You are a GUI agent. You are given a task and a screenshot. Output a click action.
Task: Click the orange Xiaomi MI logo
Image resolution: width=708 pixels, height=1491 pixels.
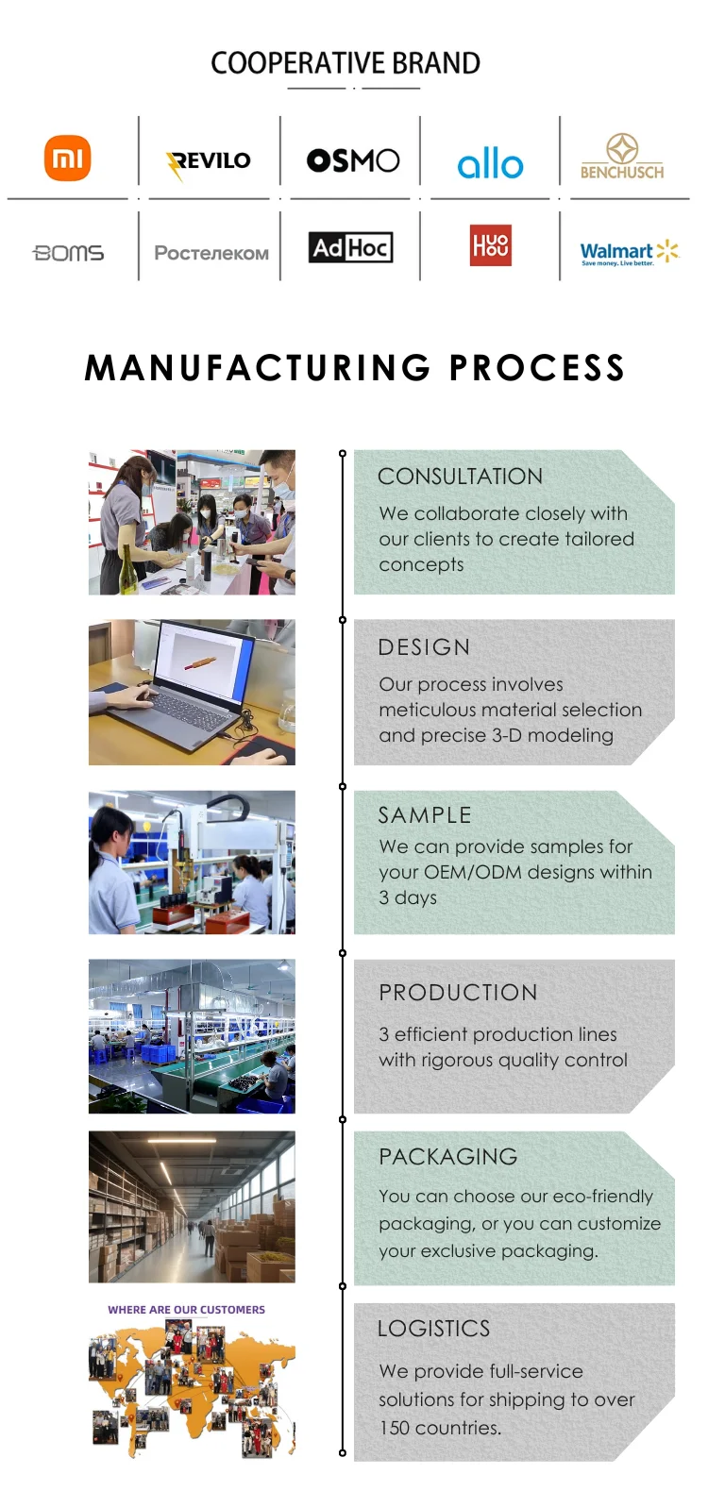[67, 158]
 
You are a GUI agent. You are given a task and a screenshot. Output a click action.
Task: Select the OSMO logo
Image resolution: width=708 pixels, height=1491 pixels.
[353, 160]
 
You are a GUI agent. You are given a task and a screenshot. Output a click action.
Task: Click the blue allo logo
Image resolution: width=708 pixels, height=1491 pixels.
[490, 164]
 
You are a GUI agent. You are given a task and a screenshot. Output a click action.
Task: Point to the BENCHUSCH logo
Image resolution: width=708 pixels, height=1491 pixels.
[622, 158]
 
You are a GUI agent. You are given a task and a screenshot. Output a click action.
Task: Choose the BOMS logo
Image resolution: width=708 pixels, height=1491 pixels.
[68, 253]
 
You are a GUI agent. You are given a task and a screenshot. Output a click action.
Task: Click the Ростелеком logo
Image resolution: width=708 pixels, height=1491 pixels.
[211, 253]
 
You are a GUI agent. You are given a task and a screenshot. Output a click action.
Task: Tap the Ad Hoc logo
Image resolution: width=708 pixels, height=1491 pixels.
[350, 248]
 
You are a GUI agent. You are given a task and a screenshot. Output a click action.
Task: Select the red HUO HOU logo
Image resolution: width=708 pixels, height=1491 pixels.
[491, 245]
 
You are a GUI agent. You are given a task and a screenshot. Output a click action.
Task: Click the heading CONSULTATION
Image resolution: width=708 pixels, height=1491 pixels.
[460, 477]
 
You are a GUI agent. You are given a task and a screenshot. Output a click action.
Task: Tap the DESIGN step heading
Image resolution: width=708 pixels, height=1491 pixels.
[424, 647]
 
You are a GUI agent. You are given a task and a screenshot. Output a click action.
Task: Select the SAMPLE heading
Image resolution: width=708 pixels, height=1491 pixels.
[425, 815]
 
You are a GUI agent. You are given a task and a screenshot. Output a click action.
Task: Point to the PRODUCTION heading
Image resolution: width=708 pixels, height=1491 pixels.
[458, 993]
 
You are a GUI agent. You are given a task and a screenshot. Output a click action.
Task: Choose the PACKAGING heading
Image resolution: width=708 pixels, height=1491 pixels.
[448, 1157]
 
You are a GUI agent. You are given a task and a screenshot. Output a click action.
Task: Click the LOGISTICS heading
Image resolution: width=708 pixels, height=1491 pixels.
[433, 1329]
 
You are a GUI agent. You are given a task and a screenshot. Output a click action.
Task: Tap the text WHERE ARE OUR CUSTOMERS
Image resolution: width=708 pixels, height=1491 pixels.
[186, 1310]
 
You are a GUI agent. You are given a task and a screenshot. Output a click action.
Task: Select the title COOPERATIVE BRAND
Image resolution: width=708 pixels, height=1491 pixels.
[346, 63]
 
